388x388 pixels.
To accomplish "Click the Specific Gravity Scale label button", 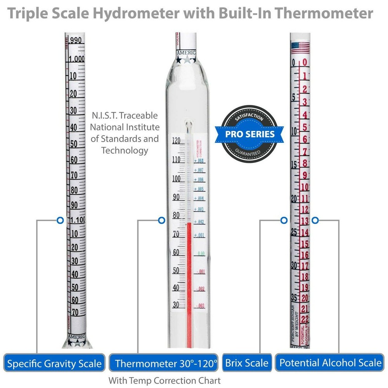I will [x=55, y=363].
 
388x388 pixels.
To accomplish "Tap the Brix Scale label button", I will [x=247, y=363].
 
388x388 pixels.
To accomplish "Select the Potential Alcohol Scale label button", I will [x=331, y=363].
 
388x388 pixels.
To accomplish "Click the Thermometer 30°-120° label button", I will [x=166, y=363].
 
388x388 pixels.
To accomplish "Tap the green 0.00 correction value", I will [x=201, y=253].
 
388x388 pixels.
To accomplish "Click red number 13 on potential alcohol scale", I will [x=305, y=221].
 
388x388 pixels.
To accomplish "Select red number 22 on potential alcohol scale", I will [x=305, y=319].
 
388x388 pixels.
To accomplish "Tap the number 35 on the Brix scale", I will [x=294, y=298].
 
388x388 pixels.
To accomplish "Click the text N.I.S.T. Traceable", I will [x=125, y=116].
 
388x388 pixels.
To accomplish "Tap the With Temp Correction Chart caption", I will [x=165, y=380].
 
